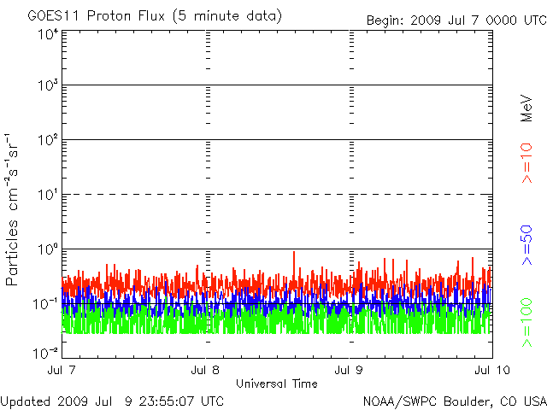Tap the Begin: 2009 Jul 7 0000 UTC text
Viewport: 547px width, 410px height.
456,20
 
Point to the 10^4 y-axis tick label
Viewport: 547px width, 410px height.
49,34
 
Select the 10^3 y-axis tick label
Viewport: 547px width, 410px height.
49,85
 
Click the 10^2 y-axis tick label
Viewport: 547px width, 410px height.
49,140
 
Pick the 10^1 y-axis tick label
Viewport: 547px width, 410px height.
49,195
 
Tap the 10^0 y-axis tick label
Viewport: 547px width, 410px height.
49,249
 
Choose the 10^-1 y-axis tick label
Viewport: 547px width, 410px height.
45,304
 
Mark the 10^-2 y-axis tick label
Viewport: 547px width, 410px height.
45,353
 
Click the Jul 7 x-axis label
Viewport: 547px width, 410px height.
62,370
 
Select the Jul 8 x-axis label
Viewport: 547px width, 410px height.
205,370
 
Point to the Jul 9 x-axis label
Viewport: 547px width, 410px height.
349,370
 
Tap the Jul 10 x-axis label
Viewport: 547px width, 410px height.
492,370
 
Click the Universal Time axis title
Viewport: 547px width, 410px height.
277,384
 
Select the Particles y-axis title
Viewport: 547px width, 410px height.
11,253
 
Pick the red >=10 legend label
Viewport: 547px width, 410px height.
526,163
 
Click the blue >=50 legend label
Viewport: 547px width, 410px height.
526,245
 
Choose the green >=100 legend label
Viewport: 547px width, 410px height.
526,323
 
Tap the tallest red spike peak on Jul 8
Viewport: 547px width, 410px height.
294,252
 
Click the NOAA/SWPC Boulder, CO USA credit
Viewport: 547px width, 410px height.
455,401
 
